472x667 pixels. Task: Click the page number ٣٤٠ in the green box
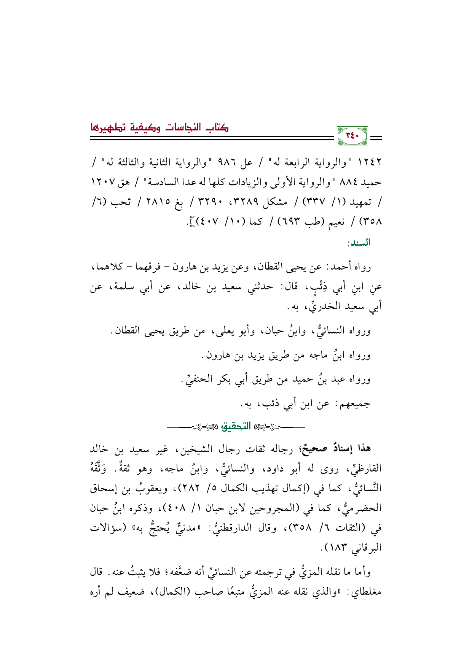coord(352,136)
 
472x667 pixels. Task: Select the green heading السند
coord(359,243)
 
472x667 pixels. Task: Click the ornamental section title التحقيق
coord(236,426)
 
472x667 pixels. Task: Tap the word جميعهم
coord(356,403)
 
